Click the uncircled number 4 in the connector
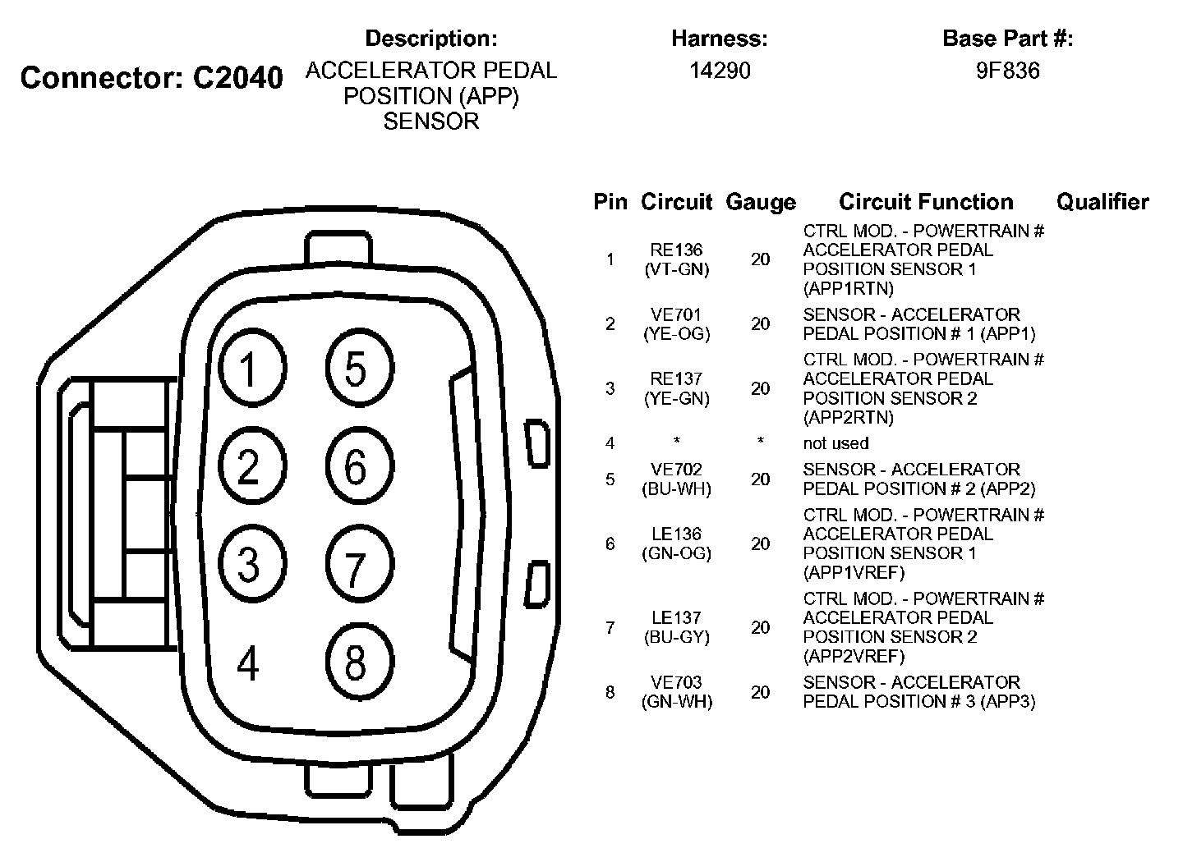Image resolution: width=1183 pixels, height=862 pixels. [248, 663]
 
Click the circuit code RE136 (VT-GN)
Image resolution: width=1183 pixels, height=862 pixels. [677, 259]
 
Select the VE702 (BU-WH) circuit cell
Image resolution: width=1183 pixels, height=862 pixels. [677, 479]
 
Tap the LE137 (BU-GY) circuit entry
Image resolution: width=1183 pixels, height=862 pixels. [677, 627]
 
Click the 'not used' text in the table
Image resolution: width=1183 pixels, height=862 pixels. [835, 443]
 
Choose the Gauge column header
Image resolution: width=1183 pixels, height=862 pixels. [761, 202]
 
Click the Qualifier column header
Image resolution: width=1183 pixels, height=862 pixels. [1102, 202]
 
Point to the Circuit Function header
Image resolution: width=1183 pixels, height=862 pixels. [926, 202]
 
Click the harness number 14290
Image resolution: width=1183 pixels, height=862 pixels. [720, 71]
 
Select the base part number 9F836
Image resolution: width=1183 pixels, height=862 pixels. [1007, 71]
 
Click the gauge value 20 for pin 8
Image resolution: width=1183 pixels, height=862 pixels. [761, 692]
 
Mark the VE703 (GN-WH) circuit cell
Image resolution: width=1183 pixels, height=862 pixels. [677, 692]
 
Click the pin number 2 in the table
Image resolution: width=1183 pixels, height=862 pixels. [610, 324]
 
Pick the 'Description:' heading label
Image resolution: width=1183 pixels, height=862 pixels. [431, 39]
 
